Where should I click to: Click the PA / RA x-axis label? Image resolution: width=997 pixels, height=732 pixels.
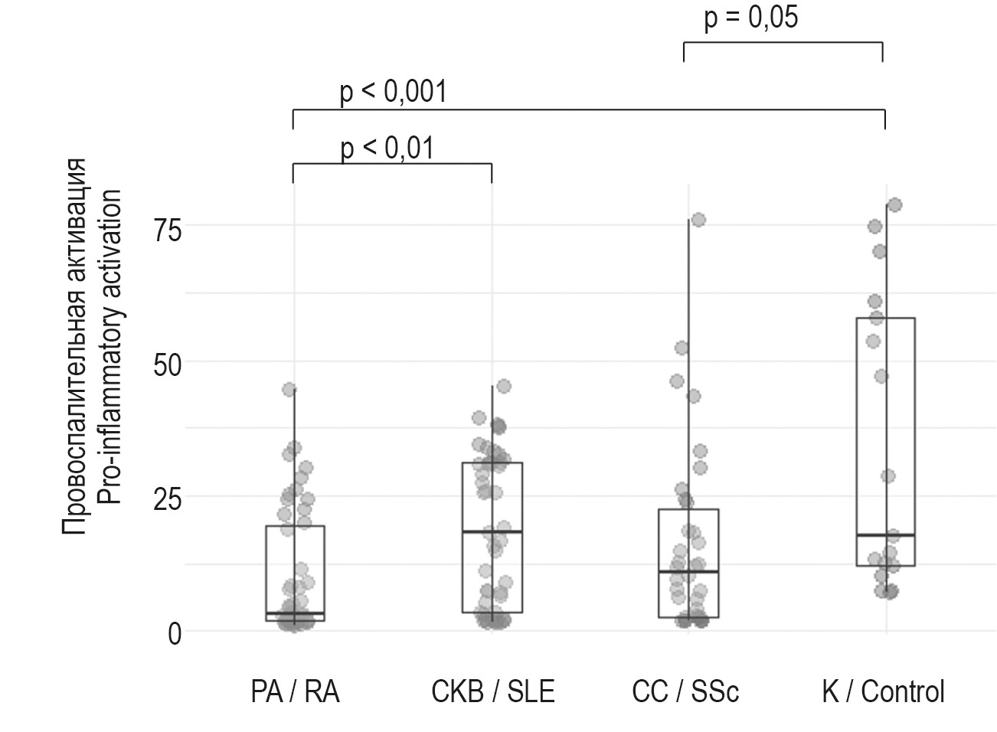[295, 692]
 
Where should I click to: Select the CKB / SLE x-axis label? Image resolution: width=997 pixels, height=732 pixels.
[492, 692]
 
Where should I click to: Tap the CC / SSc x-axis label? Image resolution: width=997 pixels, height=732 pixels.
[685, 692]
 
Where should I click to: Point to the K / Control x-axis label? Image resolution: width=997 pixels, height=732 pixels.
[883, 692]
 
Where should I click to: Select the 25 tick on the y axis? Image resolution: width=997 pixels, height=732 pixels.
[167, 498]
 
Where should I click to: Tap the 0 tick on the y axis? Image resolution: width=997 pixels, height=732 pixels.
[175, 633]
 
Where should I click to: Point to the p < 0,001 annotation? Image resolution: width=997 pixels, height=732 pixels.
[393, 92]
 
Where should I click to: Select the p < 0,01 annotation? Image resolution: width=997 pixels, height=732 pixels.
[387, 147]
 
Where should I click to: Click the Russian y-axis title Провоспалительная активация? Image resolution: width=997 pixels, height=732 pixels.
[74, 346]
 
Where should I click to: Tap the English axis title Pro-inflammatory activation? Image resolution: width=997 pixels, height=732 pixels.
[110, 346]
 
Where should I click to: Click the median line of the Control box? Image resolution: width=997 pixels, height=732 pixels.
[886, 535]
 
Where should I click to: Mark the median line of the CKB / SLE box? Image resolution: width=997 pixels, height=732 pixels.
[492, 531]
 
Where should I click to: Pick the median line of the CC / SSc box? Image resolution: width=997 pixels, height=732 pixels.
[688, 571]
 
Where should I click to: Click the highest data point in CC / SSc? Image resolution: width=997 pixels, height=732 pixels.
[698, 221]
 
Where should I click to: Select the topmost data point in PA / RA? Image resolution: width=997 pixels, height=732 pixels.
[289, 390]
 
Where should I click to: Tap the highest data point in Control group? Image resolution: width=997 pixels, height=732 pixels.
[894, 205]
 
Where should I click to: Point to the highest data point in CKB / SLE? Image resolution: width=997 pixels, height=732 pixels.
[504, 387]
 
